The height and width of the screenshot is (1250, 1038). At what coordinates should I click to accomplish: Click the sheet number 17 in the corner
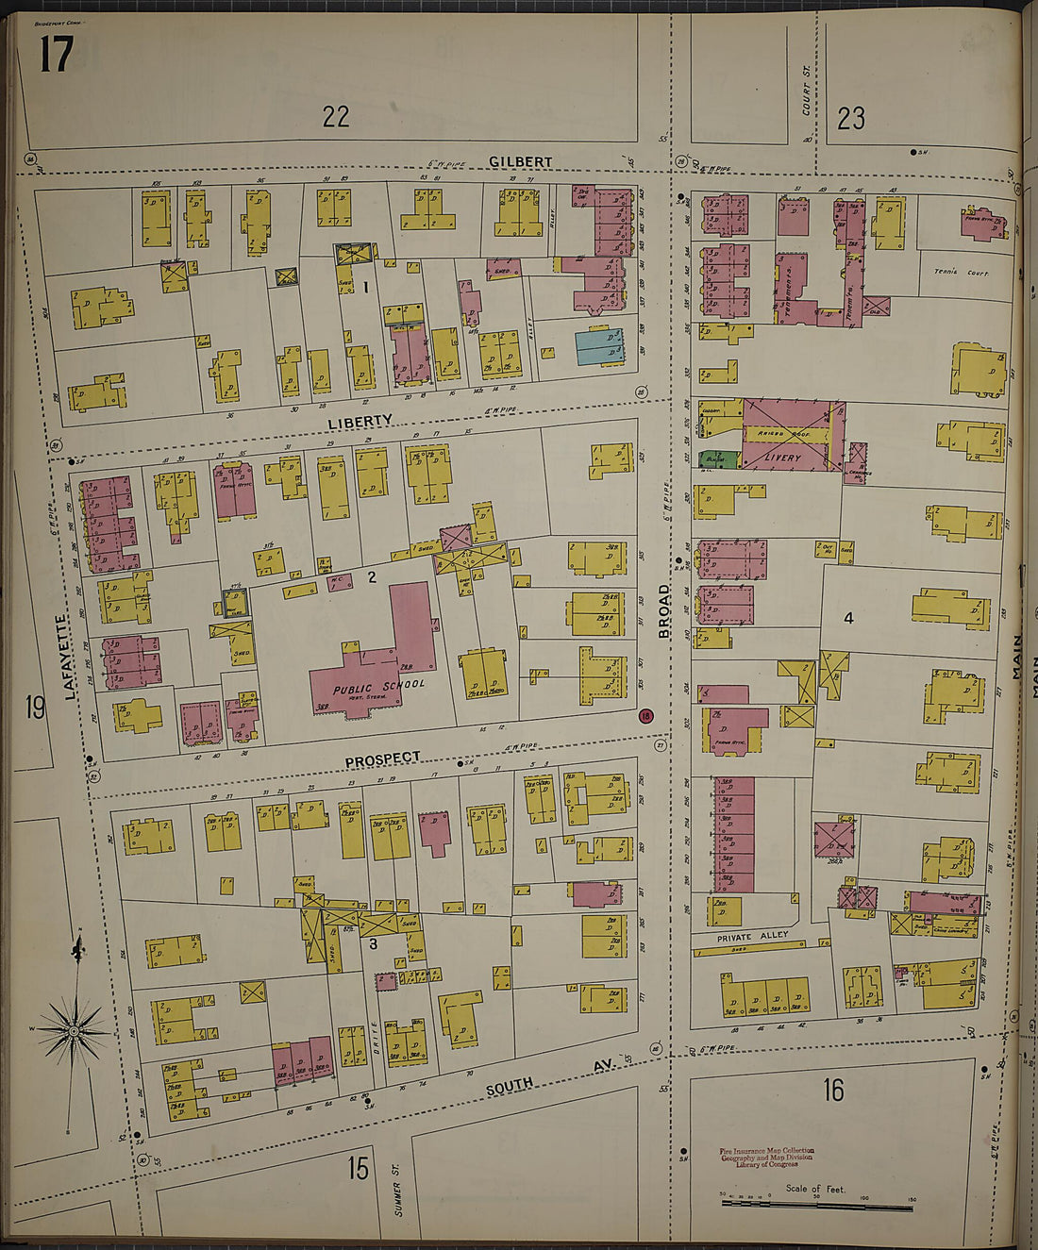56,54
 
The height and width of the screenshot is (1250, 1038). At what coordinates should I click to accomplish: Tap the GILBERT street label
520,162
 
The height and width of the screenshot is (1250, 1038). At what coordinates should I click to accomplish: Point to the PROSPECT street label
382,759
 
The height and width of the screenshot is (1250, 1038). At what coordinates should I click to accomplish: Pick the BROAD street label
664,611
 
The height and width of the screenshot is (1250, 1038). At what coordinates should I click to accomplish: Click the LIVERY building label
782,458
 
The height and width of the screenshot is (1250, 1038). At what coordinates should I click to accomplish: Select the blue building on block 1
600,346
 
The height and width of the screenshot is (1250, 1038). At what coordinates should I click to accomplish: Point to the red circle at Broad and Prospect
645,716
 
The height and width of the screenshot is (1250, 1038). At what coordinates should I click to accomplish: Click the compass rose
74,1030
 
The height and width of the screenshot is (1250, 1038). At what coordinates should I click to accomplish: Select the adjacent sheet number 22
335,116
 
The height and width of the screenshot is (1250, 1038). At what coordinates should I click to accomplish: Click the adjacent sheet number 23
850,118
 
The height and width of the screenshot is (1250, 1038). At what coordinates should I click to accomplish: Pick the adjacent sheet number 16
831,1091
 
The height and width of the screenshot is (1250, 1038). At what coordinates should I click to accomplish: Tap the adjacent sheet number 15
357,1168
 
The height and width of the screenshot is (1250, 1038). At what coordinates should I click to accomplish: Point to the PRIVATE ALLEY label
752,937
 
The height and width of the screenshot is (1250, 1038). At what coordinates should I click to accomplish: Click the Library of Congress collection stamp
765,1158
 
